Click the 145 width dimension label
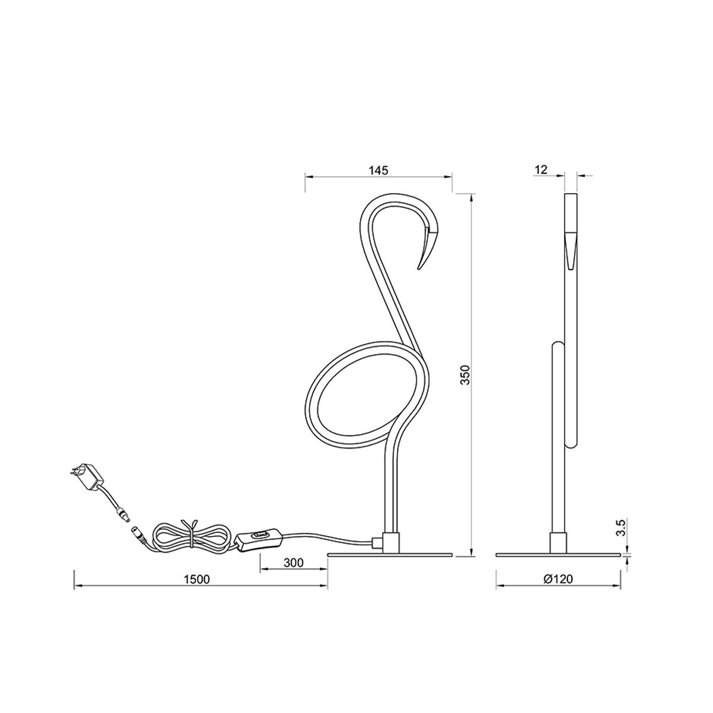click(378, 171)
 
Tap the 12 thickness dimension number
click(541, 169)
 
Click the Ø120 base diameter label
click(559, 578)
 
